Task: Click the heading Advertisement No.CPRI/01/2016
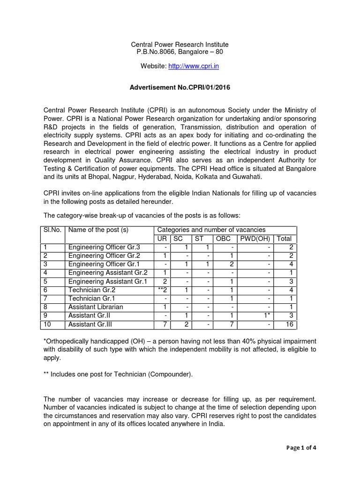(180, 87)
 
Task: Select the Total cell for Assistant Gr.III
(285, 324)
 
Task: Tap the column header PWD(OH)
(255, 239)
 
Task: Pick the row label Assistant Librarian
(96, 307)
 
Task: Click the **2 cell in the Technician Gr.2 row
(162, 290)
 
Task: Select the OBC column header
(223, 239)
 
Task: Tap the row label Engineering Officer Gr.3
(104, 247)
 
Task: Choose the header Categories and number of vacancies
(211, 230)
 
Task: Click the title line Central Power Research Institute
(180, 45)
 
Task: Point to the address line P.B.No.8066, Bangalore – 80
(180, 52)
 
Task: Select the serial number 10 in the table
(47, 324)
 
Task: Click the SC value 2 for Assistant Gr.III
(186, 324)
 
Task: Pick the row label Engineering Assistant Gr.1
(108, 281)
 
